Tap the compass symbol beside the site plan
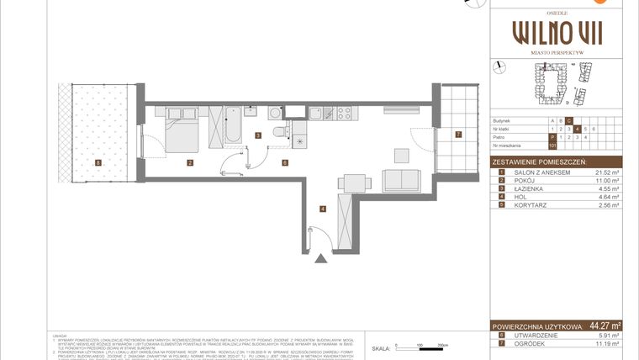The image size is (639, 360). click(499, 66)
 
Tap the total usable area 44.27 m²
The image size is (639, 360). click(605, 326)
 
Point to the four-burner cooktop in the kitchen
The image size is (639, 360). click(344, 113)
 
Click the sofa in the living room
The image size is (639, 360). click(401, 181)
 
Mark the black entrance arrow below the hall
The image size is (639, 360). click(321, 258)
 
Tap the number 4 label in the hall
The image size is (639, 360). click(321, 209)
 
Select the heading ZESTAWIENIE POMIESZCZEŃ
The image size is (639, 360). click(541, 161)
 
